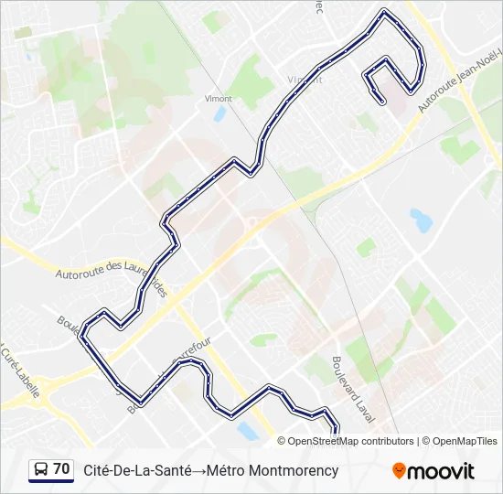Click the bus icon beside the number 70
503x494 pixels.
click(x=41, y=470)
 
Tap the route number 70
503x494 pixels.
click(x=61, y=469)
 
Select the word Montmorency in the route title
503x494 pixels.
click(x=296, y=471)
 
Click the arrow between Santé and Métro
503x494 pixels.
click(x=197, y=471)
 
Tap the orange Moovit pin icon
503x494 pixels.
click(x=399, y=470)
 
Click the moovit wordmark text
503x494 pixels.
click(x=441, y=471)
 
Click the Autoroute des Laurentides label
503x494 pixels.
click(x=110, y=273)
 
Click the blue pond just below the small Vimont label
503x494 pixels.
click(x=219, y=114)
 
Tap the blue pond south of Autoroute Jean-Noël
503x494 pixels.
click(x=421, y=220)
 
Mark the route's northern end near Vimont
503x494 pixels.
click(x=380, y=99)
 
